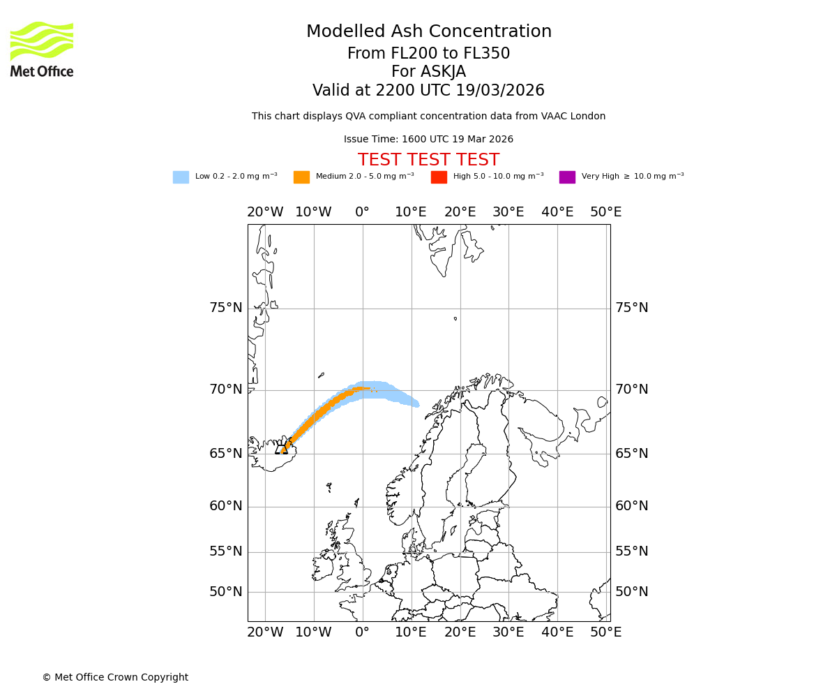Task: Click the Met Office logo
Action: tap(42, 49)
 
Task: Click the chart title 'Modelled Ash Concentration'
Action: tap(428, 31)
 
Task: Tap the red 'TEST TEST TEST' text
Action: tap(428, 160)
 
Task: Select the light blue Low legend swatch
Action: tap(181, 177)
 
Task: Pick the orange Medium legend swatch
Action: tap(301, 177)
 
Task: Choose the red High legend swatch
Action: tap(439, 177)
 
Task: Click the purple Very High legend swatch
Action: tap(567, 177)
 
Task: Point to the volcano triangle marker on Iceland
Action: tap(282, 449)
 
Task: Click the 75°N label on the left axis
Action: tap(226, 308)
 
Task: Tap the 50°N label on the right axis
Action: tap(631, 592)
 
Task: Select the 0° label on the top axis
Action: tap(362, 212)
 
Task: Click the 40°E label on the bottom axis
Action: tap(557, 632)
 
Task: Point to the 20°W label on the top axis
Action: tap(265, 212)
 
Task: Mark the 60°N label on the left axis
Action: tap(226, 506)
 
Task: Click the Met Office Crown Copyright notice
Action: tap(115, 677)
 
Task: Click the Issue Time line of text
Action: tap(428, 139)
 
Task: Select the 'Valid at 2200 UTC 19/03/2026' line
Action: tap(428, 90)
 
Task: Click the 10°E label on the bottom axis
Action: tap(411, 632)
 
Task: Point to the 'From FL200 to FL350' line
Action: tap(428, 54)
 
